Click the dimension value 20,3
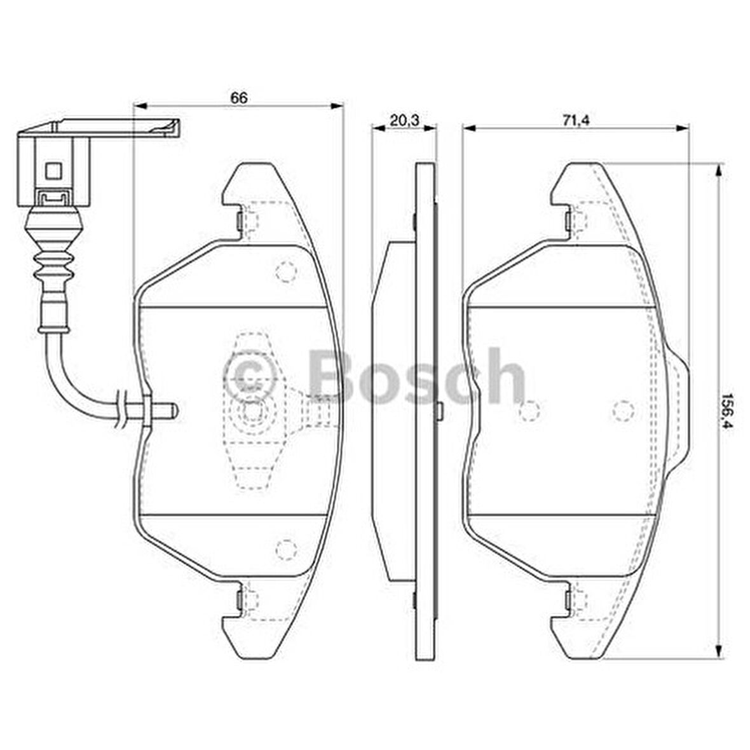pyautogui.click(x=405, y=120)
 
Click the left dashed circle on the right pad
pyautogui.click(x=529, y=411)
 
